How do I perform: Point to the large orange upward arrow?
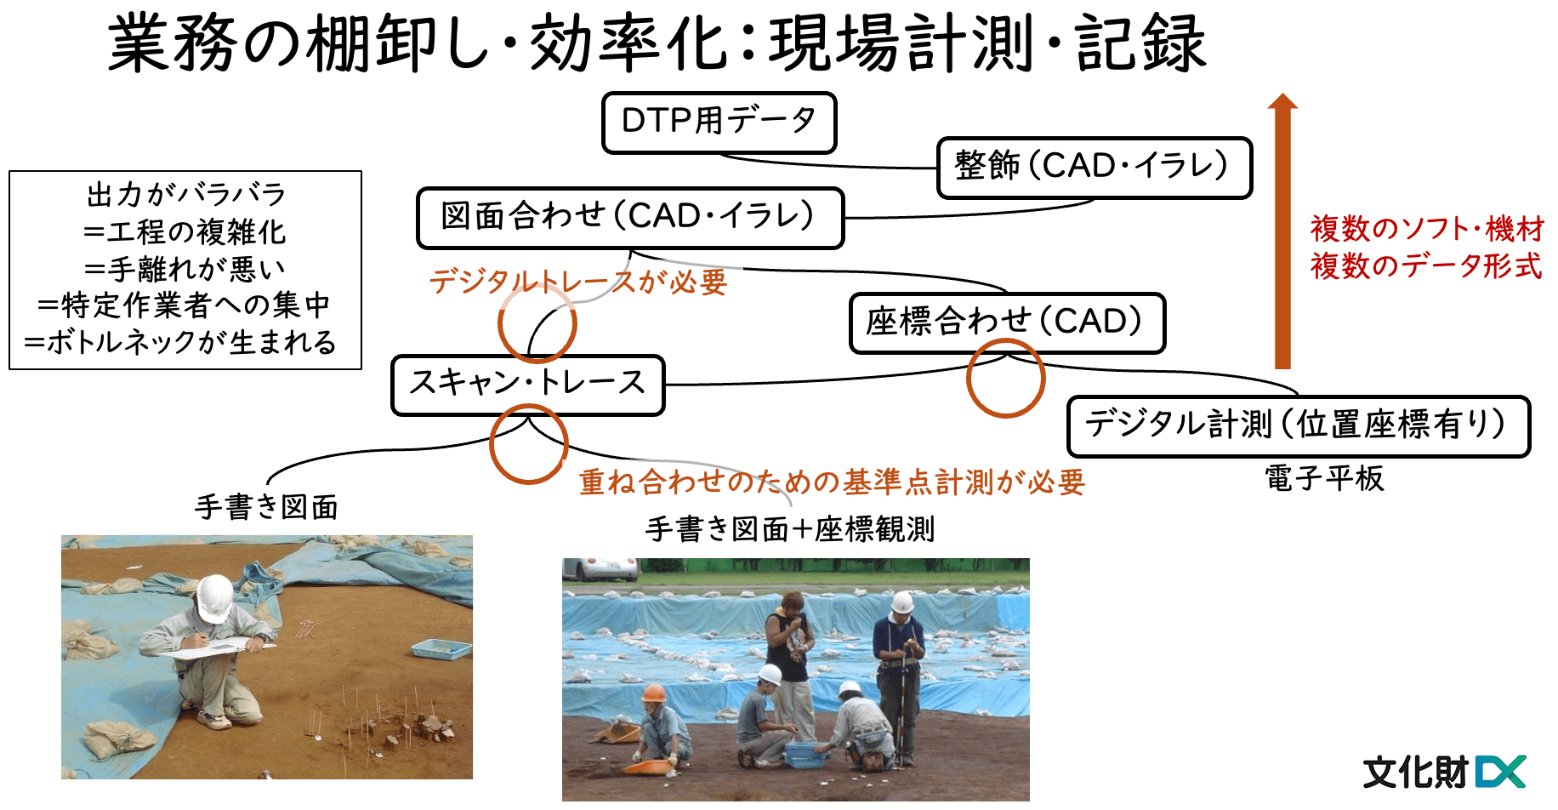point(1282,230)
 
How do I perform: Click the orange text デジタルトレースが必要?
point(578,282)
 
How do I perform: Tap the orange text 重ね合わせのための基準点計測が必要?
point(833,482)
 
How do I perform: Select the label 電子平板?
point(1324,478)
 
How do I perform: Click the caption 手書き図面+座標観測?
point(790,529)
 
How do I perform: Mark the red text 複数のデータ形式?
point(1426,266)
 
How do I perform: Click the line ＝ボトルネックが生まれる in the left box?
point(180,342)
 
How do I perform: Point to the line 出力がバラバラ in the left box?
point(185,194)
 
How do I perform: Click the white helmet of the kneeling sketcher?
point(213,597)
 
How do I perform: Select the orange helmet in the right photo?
point(653,693)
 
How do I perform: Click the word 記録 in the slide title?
point(1141,43)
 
